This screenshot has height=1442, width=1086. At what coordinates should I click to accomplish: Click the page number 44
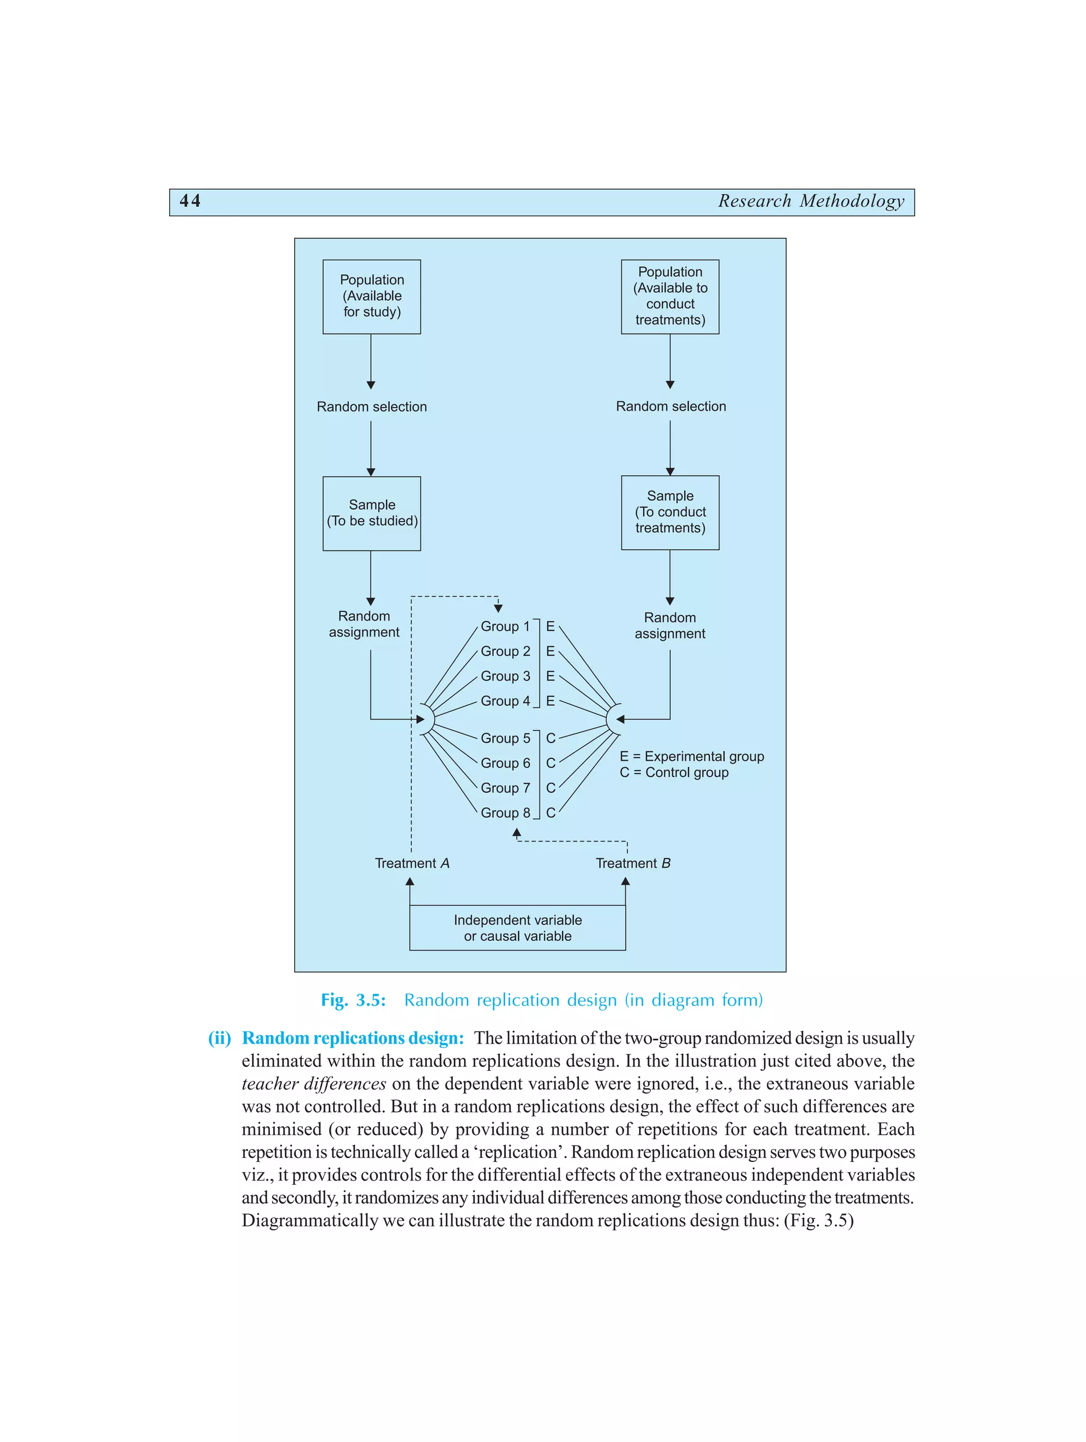[190, 201]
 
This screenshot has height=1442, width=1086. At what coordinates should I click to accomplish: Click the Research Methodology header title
[811, 201]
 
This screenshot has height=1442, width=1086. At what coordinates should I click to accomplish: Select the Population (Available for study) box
[372, 296]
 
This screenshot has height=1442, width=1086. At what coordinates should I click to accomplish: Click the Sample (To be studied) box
[372, 513]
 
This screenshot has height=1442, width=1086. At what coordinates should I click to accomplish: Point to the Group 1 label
[505, 626]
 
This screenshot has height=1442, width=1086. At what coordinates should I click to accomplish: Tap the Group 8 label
[505, 812]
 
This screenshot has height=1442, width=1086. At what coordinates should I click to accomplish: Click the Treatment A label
[412, 863]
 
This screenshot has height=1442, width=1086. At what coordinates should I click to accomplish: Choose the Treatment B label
[632, 863]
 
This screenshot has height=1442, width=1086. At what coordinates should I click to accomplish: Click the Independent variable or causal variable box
[518, 928]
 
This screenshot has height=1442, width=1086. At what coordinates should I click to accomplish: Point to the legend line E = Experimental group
[691, 756]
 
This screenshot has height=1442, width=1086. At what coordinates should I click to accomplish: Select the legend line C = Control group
[673, 773]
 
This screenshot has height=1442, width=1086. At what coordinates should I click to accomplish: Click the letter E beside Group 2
[550, 651]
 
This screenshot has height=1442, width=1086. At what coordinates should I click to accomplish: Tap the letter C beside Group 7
[550, 788]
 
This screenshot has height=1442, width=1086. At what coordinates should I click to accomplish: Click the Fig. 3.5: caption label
[353, 1000]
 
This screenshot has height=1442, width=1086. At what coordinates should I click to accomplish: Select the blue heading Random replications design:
[353, 1038]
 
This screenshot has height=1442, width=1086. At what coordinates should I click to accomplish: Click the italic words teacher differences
[313, 1083]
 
